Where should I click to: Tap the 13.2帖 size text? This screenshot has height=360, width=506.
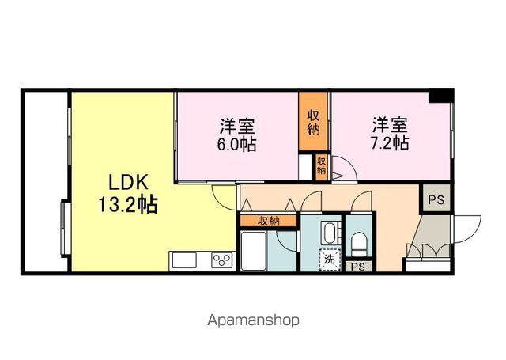126,206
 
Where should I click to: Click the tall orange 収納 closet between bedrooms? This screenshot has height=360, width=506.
314,122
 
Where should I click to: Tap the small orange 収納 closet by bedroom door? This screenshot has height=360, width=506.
321,166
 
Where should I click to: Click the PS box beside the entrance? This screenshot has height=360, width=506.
436,200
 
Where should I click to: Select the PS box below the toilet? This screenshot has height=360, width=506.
358,267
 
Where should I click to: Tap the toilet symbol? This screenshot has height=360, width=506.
357,242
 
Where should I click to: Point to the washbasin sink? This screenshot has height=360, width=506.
330,233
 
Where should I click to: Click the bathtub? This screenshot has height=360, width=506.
254,252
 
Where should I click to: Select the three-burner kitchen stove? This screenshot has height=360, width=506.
221,261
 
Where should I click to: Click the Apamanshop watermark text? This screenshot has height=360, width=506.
253,320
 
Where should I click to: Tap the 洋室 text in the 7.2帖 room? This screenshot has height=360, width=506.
391,125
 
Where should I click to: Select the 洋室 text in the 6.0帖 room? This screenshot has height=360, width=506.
237,126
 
